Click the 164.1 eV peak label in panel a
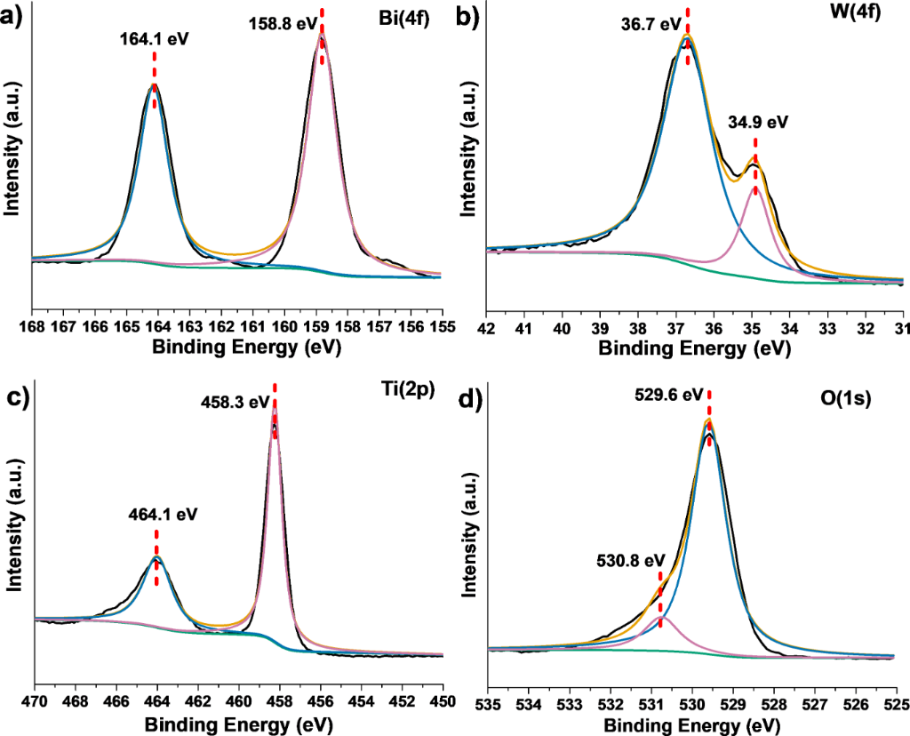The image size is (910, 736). [x=155, y=39]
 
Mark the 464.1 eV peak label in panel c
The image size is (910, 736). [x=156, y=513]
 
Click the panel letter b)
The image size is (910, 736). [x=468, y=17]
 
